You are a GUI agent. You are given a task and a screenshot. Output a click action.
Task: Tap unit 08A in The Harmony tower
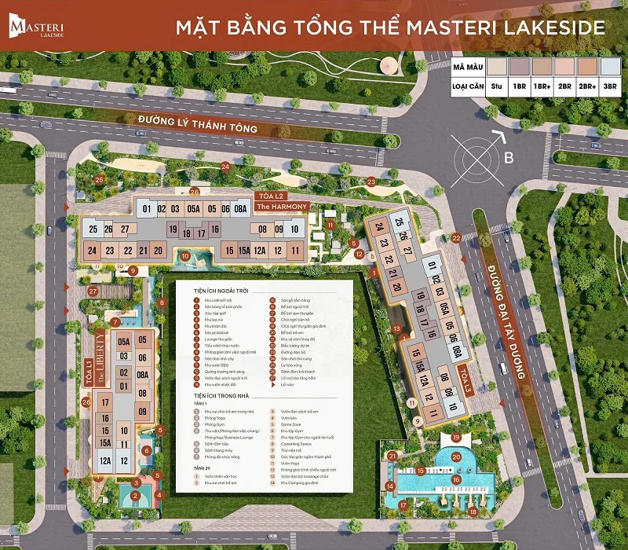(x=239, y=209)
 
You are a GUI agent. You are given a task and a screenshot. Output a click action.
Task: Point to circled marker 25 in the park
(x=99, y=180)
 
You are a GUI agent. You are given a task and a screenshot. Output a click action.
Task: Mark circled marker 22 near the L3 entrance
(x=456, y=238)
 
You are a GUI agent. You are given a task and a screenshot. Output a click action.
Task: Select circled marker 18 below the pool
(x=474, y=511)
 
